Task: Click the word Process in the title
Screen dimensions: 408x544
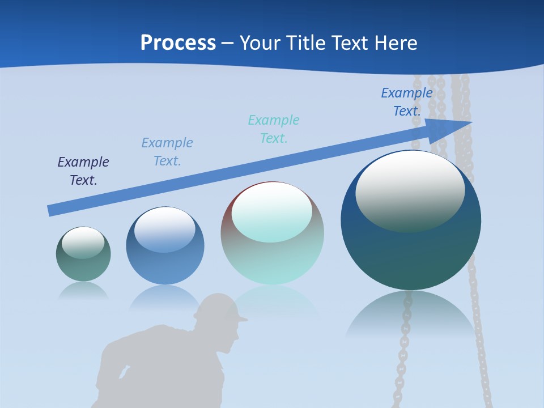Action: pyautogui.click(x=178, y=43)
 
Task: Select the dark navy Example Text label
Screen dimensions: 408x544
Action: pyautogui.click(x=83, y=171)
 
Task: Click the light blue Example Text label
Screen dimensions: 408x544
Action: pyautogui.click(x=167, y=152)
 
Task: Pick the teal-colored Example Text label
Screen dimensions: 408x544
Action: pyautogui.click(x=274, y=129)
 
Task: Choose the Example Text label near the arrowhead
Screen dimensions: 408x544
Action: pyautogui.click(x=407, y=102)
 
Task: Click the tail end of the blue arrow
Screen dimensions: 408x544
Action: pyautogui.click(x=51, y=210)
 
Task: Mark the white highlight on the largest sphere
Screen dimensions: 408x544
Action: pyautogui.click(x=410, y=190)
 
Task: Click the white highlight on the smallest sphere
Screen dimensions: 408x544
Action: pyautogui.click(x=83, y=243)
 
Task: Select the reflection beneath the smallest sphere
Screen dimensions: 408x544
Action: pyautogui.click(x=83, y=290)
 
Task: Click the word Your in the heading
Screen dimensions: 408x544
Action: pyautogui.click(x=260, y=43)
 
